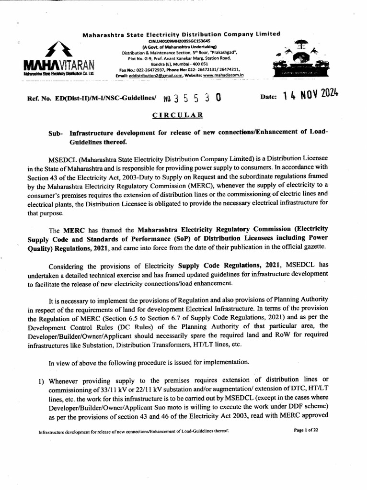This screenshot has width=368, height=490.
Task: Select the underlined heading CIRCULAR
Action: point(178,115)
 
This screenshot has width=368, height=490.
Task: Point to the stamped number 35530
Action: point(192,98)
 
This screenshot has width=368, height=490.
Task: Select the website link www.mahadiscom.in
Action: point(223,75)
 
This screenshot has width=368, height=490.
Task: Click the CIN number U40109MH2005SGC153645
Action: point(181,41)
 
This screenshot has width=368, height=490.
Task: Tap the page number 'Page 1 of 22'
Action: point(306,430)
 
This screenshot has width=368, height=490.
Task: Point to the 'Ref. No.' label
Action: point(41,97)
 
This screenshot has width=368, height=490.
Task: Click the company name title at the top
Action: point(181,34)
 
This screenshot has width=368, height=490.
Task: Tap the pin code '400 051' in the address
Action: point(199,64)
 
